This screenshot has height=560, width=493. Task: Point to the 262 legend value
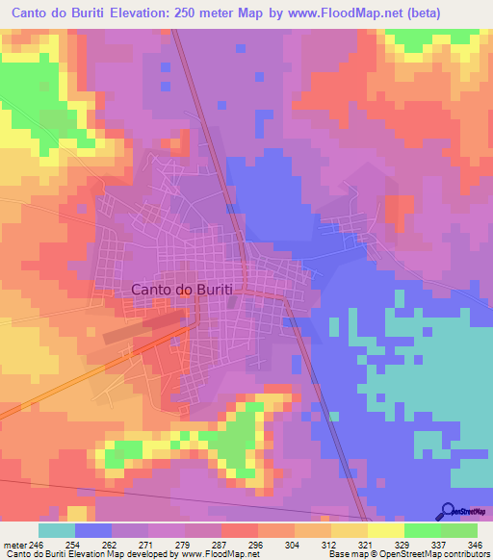coord(112,544)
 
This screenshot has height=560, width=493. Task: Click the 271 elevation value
coord(148,544)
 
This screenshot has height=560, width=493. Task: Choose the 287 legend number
coord(221,544)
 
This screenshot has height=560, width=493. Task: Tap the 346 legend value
coord(477,544)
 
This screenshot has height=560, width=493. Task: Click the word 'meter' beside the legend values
coord(15,544)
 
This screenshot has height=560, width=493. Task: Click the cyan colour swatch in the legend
coord(57,530)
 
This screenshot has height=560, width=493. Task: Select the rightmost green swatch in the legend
coord(459,530)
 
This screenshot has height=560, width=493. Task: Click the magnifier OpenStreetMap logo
coord(448,510)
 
